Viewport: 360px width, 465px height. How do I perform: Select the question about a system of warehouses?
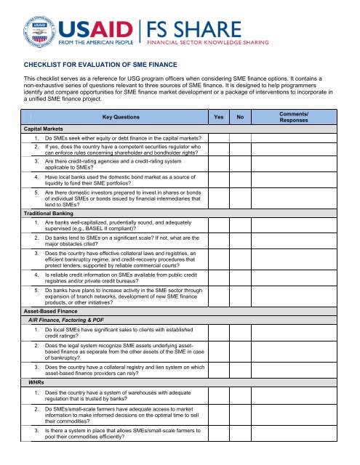(120, 397)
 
